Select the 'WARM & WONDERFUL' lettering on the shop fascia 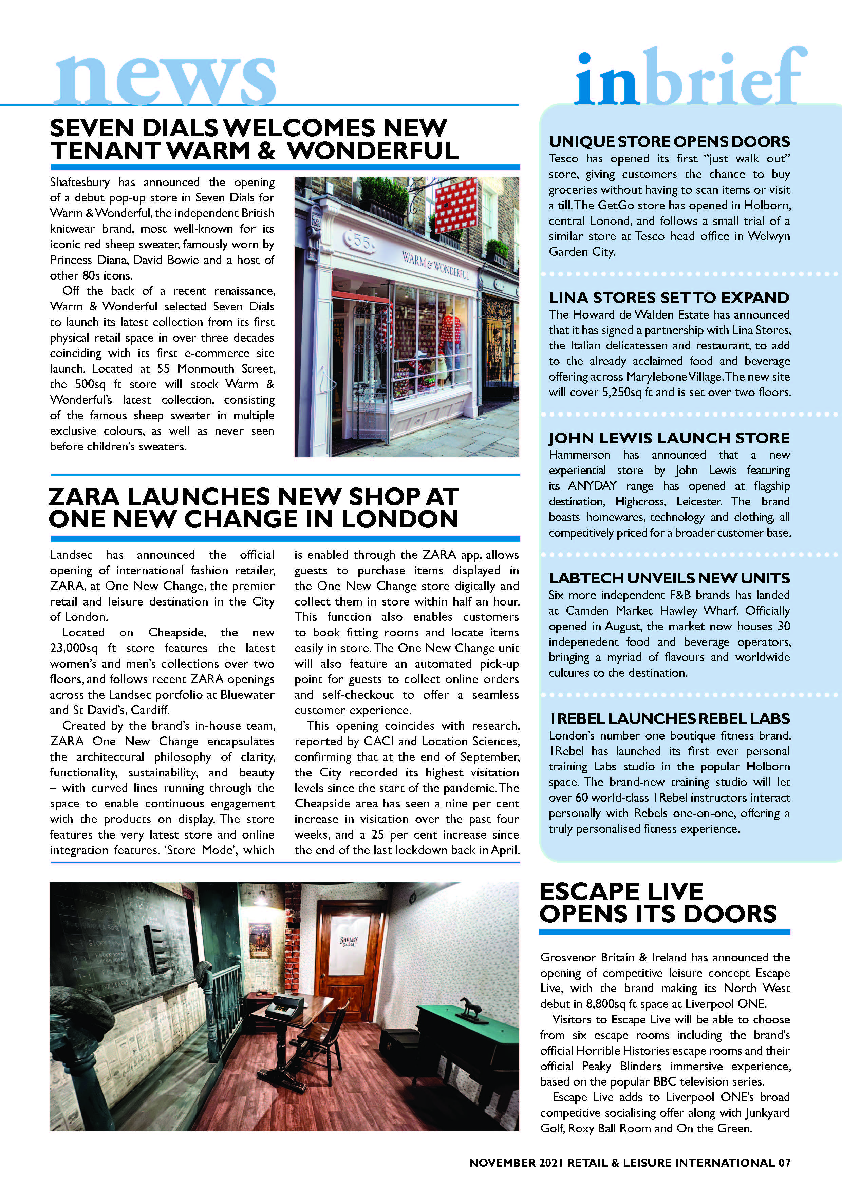pos(435,265)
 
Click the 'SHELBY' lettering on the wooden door pos(349,941)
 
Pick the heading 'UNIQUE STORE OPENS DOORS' pos(669,141)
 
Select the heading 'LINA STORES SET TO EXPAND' pos(669,297)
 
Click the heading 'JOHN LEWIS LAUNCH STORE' pos(669,438)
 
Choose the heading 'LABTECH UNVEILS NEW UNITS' pos(669,578)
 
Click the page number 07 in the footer pos(784,1163)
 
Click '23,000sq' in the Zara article pos(74,648)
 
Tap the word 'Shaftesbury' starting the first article pos(80,183)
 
